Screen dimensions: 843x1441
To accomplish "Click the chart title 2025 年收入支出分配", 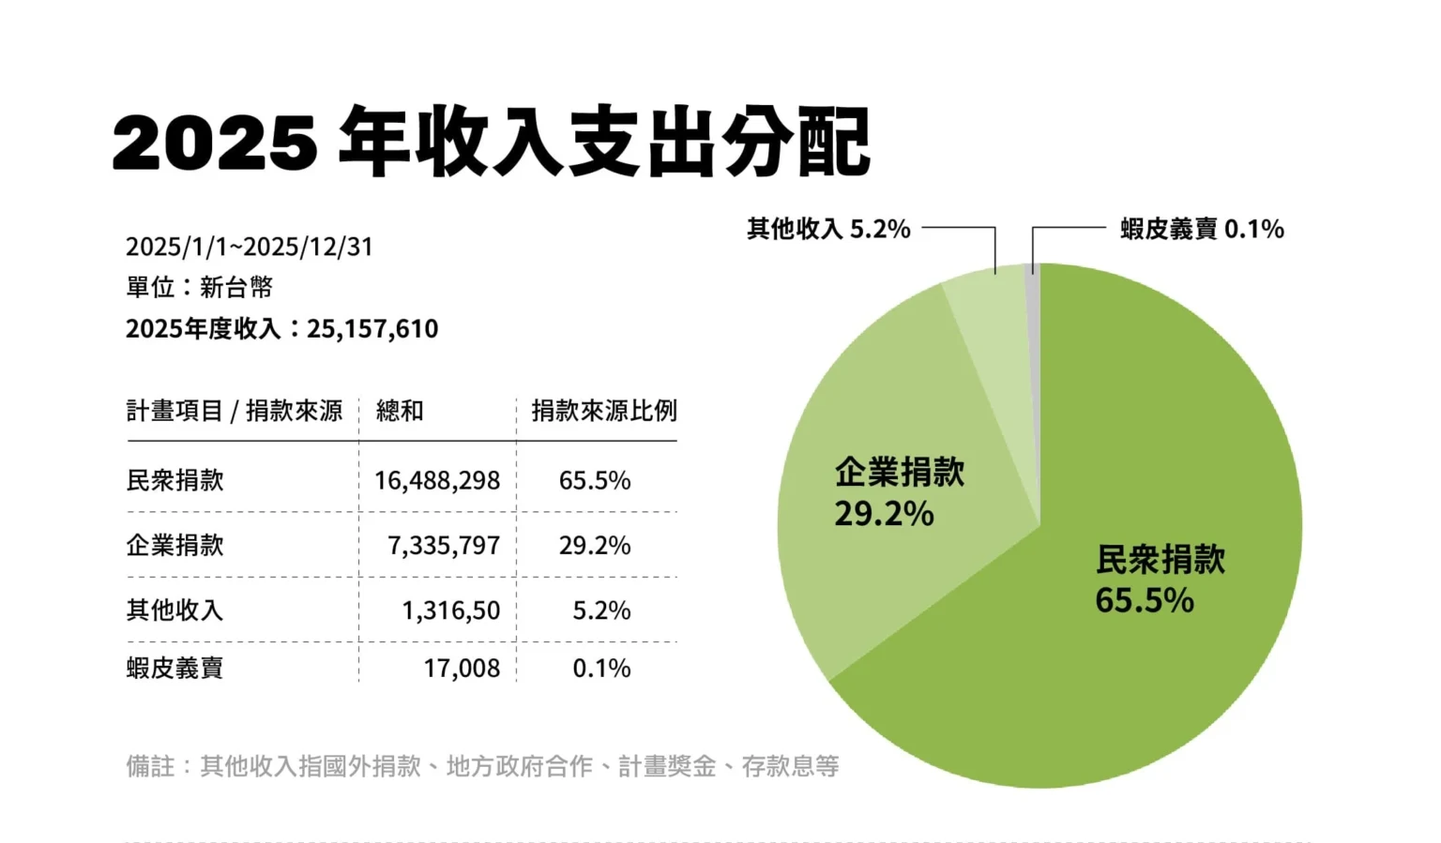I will tap(491, 143).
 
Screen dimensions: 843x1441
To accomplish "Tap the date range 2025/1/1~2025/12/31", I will tap(250, 247).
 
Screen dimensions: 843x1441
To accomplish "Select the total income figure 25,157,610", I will tap(372, 329).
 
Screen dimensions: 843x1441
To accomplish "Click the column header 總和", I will tap(400, 411).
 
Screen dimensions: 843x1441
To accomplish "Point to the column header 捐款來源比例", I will tap(603, 411).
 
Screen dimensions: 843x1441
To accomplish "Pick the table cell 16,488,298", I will tap(437, 481).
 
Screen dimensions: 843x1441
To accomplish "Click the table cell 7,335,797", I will tap(444, 546).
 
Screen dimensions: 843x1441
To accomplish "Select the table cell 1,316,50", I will tap(451, 611).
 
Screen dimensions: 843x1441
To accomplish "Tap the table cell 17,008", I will tap(462, 669).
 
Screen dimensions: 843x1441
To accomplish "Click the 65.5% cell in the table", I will tap(595, 481).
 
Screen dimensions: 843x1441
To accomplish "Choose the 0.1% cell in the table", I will tap(601, 669).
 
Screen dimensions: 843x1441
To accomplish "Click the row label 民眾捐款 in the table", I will tap(175, 481).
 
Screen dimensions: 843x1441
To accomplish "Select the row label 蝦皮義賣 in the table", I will tap(175, 669).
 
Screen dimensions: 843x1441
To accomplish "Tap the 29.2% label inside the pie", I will tap(884, 514).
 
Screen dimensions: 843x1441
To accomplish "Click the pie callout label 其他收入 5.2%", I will tap(828, 229).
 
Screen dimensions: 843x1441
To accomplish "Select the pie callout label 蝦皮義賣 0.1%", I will tap(1202, 229).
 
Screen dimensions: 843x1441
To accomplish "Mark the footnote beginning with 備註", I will tap(482, 767).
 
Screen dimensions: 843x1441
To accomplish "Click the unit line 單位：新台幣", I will tap(199, 287).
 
